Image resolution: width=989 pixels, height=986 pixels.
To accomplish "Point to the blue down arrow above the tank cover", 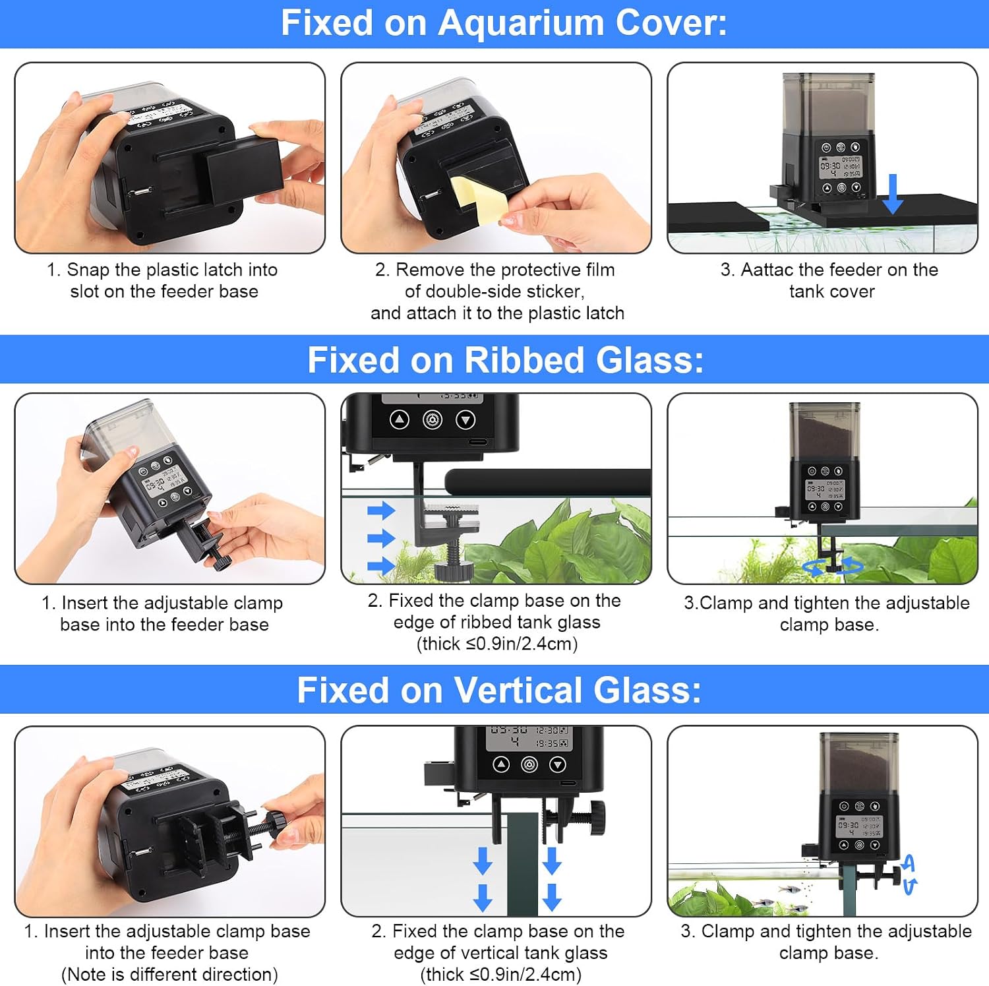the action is pos(893,194).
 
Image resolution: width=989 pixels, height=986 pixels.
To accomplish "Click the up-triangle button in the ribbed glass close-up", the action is pos(400,419).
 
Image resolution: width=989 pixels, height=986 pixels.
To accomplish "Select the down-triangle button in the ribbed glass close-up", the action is pos(465,419).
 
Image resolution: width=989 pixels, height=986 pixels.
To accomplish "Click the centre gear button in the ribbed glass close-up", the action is pos(433,419).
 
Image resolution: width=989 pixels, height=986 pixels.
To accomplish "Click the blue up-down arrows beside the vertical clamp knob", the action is pos(909,875).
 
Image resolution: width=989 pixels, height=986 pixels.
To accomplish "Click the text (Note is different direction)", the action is pos(169,975).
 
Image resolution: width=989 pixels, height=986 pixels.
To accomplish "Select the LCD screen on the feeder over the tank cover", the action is pos(840,168).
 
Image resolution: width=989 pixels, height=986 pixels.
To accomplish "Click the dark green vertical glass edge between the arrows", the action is pos(522,864).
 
